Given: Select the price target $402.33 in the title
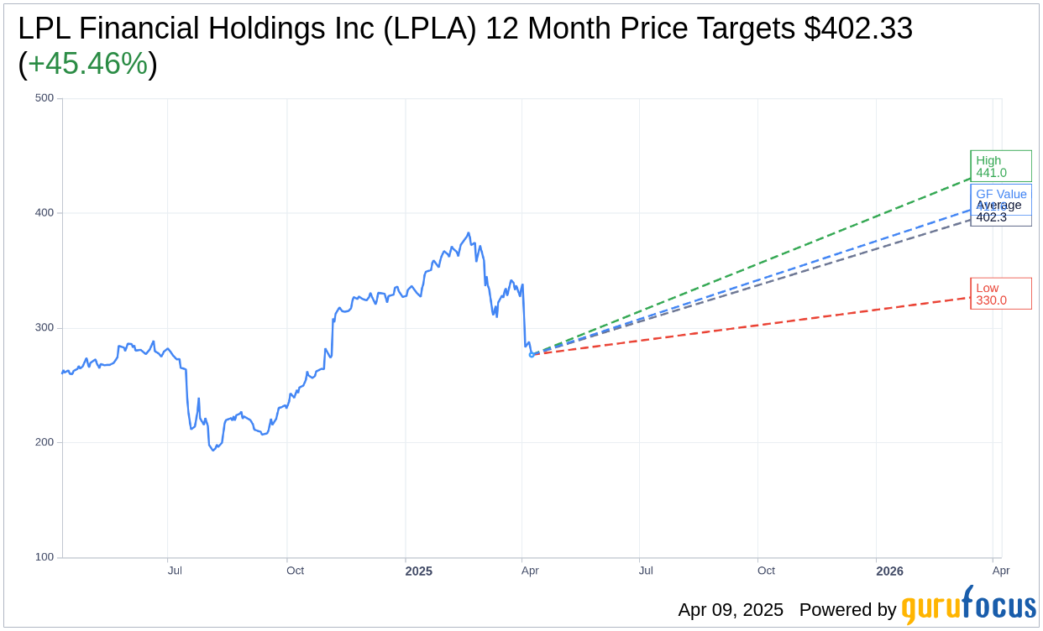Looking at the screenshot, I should pyautogui.click(x=857, y=29).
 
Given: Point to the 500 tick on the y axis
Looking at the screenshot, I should pyautogui.click(x=45, y=98).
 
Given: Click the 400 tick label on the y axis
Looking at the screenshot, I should pyautogui.click(x=45, y=213).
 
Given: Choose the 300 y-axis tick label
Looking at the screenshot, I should pyautogui.click(x=45, y=328).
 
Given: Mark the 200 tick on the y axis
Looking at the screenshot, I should pyautogui.click(x=45, y=442).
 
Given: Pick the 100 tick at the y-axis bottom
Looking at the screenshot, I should pyautogui.click(x=45, y=557).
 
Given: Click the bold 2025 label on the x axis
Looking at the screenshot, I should pyautogui.click(x=418, y=571).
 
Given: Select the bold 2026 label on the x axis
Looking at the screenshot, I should pyautogui.click(x=889, y=571).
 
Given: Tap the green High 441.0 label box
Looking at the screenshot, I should pyautogui.click(x=1000, y=166).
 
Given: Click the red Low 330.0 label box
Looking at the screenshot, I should pyautogui.click(x=1000, y=294).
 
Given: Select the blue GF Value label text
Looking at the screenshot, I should pyautogui.click(x=1001, y=194).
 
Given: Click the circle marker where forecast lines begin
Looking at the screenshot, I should pyautogui.click(x=532, y=354).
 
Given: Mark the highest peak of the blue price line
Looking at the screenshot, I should pyautogui.click(x=469, y=233).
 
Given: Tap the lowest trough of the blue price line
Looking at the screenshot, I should pyautogui.click(x=213, y=451).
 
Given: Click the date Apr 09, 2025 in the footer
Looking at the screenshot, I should pyautogui.click(x=730, y=610).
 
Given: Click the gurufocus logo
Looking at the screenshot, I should pyautogui.click(x=968, y=607).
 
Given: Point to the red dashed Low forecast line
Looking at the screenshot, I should pyautogui.click(x=756, y=326).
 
